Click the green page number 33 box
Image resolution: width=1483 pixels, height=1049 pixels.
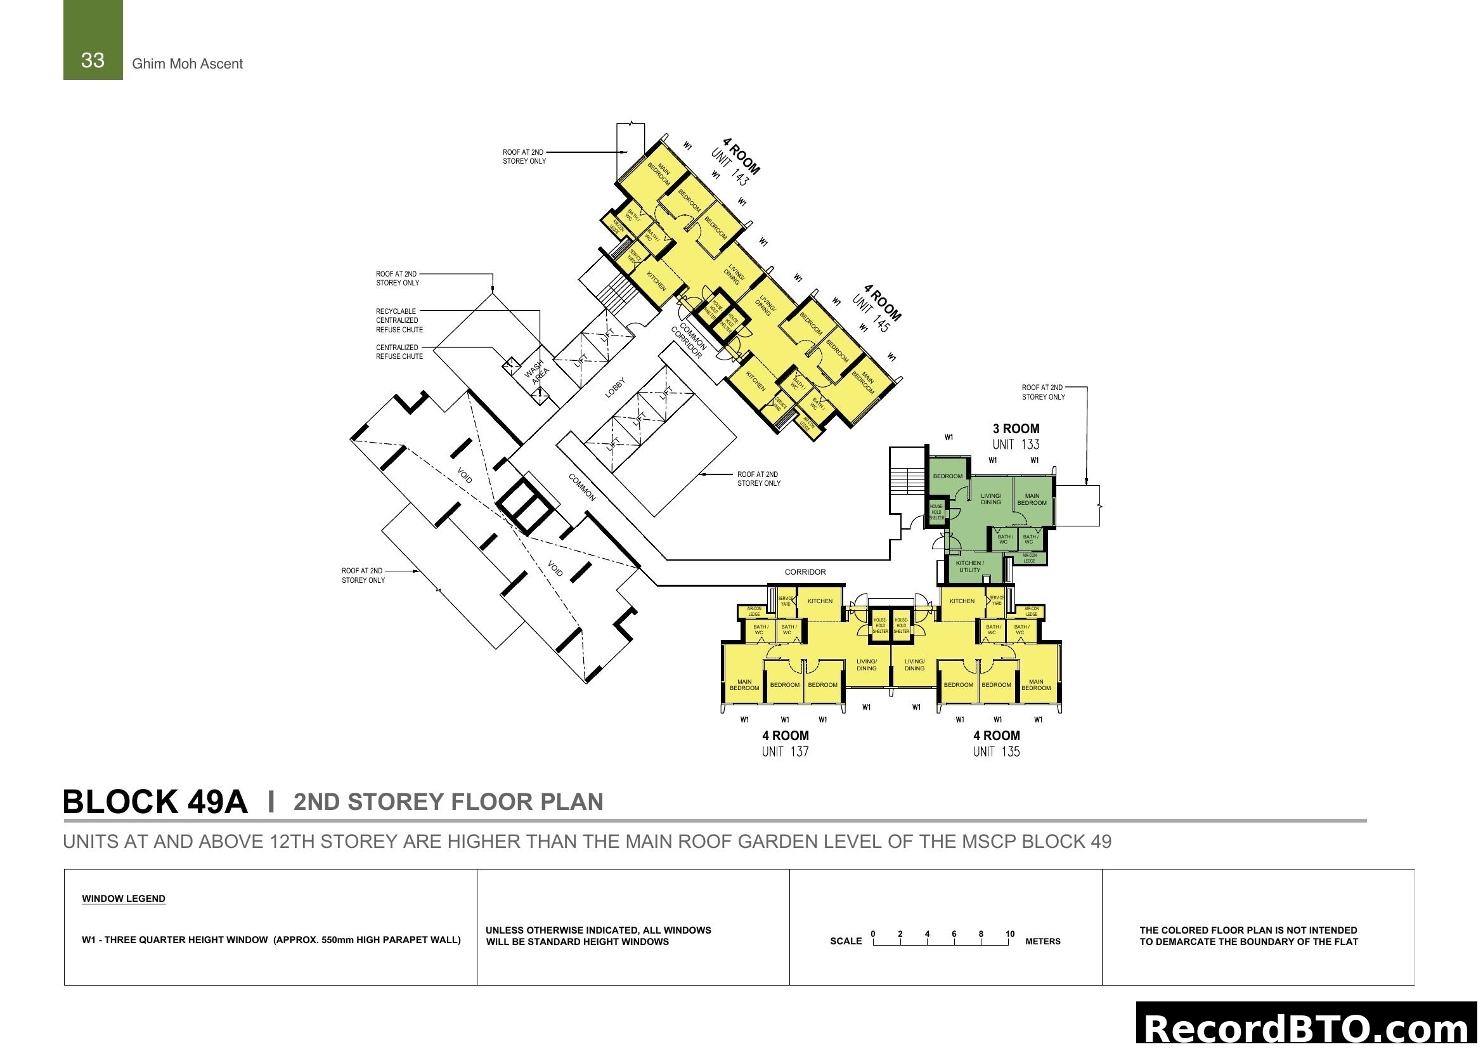pyautogui.click(x=93, y=40)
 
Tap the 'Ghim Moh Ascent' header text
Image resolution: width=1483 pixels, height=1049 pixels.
pyautogui.click(x=187, y=64)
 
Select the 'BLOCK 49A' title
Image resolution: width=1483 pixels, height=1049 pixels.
pyautogui.click(x=155, y=802)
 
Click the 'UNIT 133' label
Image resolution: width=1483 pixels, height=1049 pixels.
pyautogui.click(x=1016, y=445)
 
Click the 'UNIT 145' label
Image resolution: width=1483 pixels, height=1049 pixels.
pyautogui.click(x=871, y=314)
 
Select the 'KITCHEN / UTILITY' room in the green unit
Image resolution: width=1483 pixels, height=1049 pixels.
pyautogui.click(x=969, y=566)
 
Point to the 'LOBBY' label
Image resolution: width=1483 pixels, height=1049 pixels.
pyautogui.click(x=615, y=388)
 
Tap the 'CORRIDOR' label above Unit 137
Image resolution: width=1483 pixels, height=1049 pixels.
pyautogui.click(x=805, y=572)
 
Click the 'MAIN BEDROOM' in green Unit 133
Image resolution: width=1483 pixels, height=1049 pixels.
pyautogui.click(x=1032, y=500)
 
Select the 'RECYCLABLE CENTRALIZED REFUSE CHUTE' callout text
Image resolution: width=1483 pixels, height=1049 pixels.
pyautogui.click(x=399, y=320)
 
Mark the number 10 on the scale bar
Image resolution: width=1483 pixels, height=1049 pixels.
pyautogui.click(x=1009, y=934)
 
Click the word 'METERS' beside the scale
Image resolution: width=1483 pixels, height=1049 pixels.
pyautogui.click(x=1042, y=942)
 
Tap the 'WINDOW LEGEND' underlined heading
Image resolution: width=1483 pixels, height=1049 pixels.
pyautogui.click(x=124, y=899)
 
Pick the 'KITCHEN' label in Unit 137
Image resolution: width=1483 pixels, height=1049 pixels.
pyautogui.click(x=820, y=601)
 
